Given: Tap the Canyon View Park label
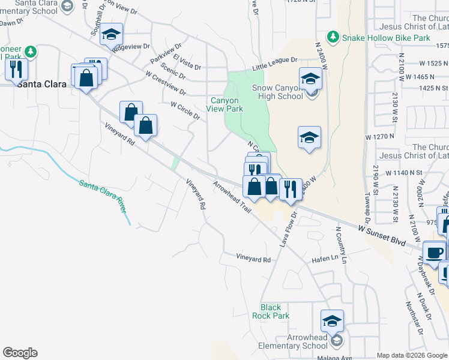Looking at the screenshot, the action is pos(225,105).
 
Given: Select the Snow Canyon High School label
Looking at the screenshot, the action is pos(277,92).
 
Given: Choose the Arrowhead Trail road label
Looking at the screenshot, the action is pos(231,197).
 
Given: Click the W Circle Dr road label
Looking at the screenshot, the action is pos(185,110).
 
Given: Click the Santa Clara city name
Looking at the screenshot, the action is pos(41,84).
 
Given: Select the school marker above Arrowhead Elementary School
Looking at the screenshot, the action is pos(332,321).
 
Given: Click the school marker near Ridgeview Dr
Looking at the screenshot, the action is pos(111,34).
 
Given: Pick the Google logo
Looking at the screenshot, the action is pos(20,353).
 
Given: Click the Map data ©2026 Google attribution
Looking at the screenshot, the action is pos(412,355).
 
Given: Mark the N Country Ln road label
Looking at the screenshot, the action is pos(341,245).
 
